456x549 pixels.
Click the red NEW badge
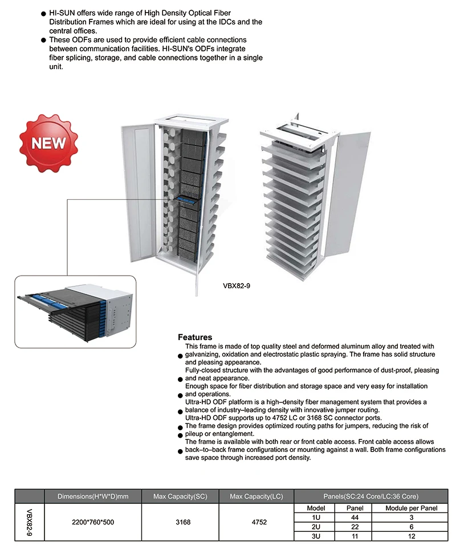pyautogui.click(x=49, y=142)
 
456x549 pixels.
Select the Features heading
pyautogui.click(x=195, y=337)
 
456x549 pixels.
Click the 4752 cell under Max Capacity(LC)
pyautogui.click(x=256, y=522)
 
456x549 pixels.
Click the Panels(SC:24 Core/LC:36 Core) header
pyautogui.click(x=370, y=496)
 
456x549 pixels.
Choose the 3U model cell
pyautogui.click(x=316, y=536)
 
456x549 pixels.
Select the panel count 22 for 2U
pyautogui.click(x=355, y=526)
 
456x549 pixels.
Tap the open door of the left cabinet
pyautogui.click(x=137, y=194)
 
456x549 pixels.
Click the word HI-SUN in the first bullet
pyautogui.click(x=61, y=13)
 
